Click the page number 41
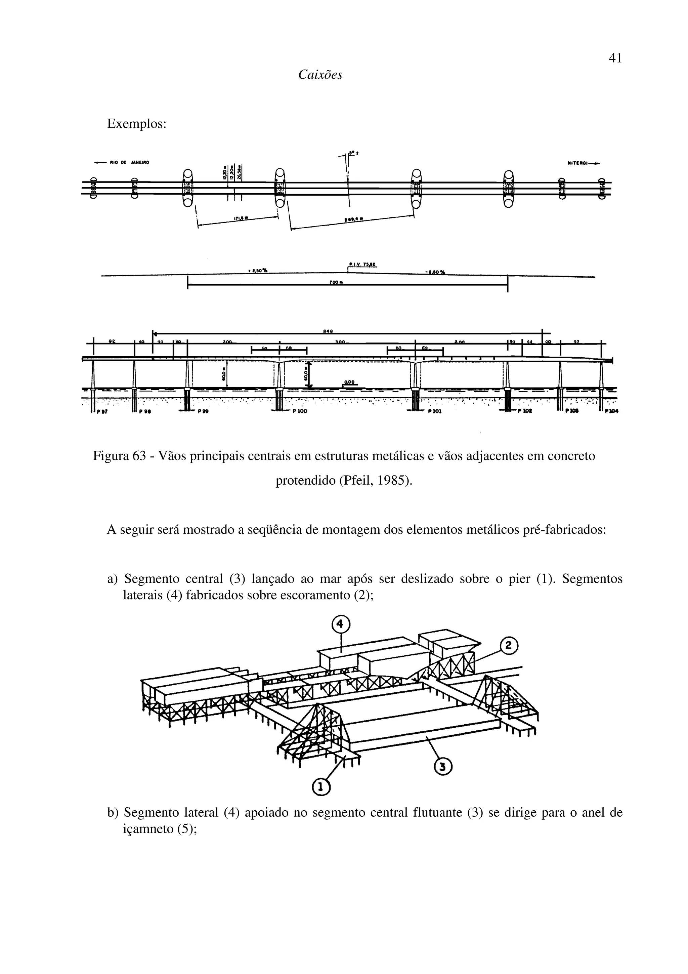[x=615, y=58]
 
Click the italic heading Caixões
[x=320, y=75]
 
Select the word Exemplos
[x=136, y=124]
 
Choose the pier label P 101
[x=434, y=411]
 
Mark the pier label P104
[x=611, y=411]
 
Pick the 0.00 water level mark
[x=349, y=382]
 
